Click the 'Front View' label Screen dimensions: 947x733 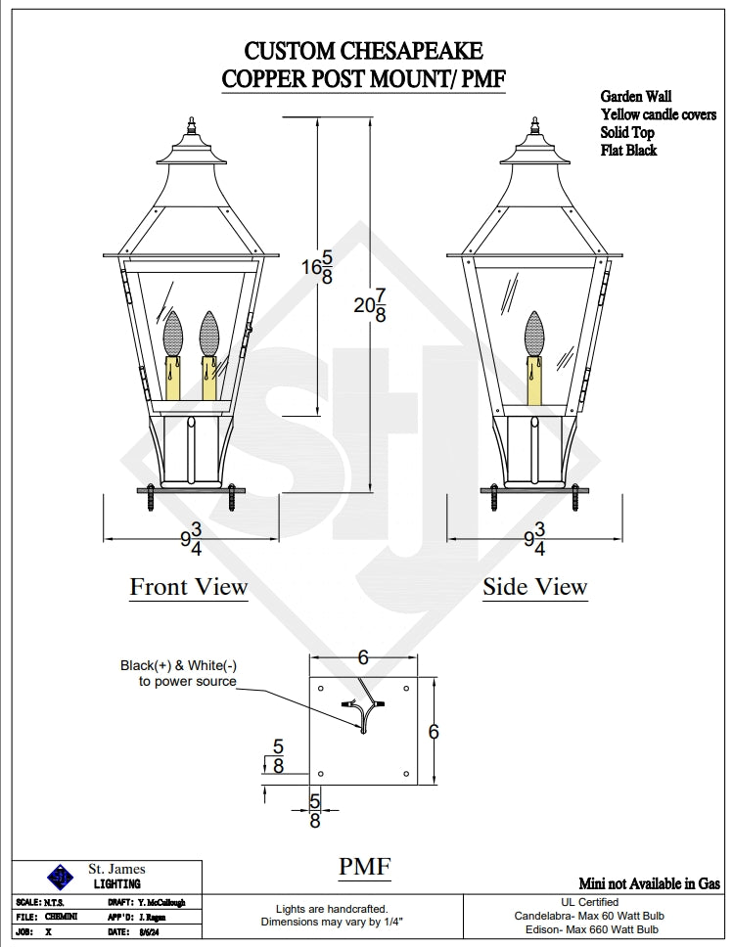[x=189, y=587]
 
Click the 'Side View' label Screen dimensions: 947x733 [x=534, y=587]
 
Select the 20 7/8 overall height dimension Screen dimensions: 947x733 [x=369, y=305]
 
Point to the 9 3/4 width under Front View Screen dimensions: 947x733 [x=190, y=539]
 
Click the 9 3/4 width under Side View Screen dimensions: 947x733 [x=534, y=539]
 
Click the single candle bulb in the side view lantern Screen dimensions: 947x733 [x=534, y=335]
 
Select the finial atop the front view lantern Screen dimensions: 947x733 [x=190, y=127]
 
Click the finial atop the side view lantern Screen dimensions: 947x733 [x=535, y=127]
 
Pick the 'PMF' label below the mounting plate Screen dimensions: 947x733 [x=365, y=866]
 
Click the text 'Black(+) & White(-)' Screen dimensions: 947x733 [x=178, y=665]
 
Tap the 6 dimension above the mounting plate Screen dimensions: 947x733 [x=363, y=658]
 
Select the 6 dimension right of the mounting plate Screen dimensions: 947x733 [x=434, y=731]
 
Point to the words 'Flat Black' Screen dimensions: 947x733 [x=628, y=151]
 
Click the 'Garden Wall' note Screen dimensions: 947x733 [x=636, y=97]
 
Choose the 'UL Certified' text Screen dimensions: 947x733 [x=589, y=902]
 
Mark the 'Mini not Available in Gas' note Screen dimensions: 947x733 [x=650, y=882]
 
